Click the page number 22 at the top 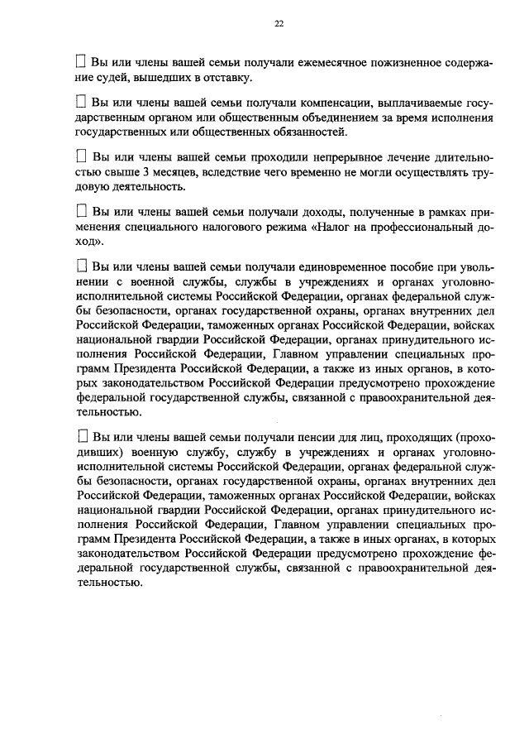point(279,24)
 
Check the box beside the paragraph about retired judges point(80,62)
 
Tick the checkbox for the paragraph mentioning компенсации point(80,103)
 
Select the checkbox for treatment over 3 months point(81,156)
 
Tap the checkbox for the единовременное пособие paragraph point(81,266)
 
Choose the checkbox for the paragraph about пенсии point(81,435)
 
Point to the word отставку point(225,78)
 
